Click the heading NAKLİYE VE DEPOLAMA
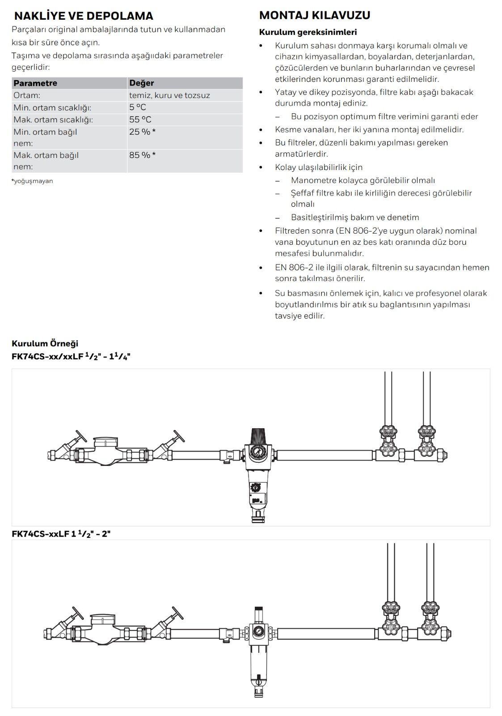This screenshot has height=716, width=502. [x=84, y=16]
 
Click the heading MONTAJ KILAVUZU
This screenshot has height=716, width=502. [x=315, y=15]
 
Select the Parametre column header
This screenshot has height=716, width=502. [x=35, y=83]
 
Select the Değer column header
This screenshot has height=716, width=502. [x=141, y=83]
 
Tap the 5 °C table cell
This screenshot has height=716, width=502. [x=138, y=107]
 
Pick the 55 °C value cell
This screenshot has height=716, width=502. [x=140, y=119]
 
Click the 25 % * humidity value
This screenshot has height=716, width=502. [x=142, y=132]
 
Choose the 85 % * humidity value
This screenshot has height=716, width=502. [x=142, y=155]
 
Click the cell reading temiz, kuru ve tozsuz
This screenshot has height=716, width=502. [x=169, y=95]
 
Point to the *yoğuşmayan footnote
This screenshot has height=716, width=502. [x=32, y=181]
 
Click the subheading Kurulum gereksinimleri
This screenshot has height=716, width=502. [x=308, y=32]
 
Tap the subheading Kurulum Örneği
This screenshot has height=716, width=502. [x=45, y=343]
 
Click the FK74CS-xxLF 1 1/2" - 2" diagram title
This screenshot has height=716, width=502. [x=61, y=534]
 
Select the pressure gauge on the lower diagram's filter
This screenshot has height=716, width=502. [x=258, y=631]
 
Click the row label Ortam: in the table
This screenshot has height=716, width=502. [x=27, y=95]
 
